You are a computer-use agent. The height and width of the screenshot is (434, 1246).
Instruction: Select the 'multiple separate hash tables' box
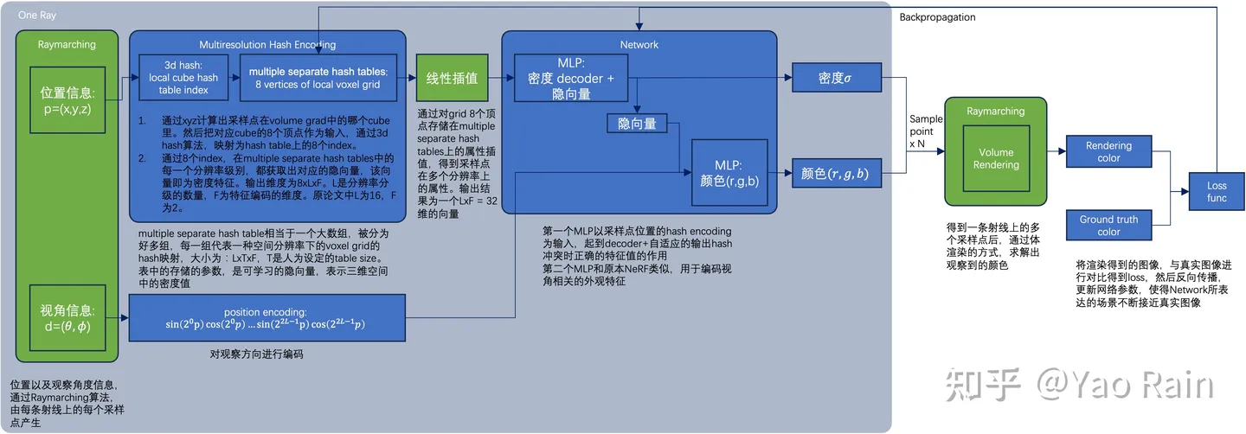pyautogui.click(x=318, y=78)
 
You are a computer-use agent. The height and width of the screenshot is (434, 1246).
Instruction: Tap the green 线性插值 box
pyautogui.click(x=453, y=78)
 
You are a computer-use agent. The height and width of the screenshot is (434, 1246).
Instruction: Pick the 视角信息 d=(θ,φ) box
pyautogui.click(x=67, y=316)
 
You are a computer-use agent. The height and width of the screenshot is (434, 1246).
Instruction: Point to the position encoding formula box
pyautogui.click(x=267, y=317)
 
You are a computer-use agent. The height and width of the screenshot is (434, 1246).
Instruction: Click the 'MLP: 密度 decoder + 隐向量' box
pyautogui.click(x=570, y=78)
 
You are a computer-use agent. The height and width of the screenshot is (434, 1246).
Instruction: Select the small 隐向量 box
pyautogui.click(x=637, y=124)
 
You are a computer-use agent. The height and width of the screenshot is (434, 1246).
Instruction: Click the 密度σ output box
pyautogui.click(x=835, y=78)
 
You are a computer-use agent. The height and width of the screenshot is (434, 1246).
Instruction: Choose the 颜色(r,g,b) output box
pyautogui.click(x=835, y=174)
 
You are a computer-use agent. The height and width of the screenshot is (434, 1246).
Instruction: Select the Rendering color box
pyautogui.click(x=1108, y=152)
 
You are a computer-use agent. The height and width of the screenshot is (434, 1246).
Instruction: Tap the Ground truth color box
pyautogui.click(x=1108, y=226)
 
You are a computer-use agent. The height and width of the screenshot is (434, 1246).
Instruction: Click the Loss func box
pyautogui.click(x=1217, y=191)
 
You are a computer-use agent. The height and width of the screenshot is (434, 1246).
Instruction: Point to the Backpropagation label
pyautogui.click(x=937, y=17)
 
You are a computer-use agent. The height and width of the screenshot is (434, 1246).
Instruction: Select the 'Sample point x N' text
pyautogui.click(x=925, y=131)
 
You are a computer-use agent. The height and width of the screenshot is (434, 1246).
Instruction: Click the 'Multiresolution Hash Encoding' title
pyautogui.click(x=267, y=44)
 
